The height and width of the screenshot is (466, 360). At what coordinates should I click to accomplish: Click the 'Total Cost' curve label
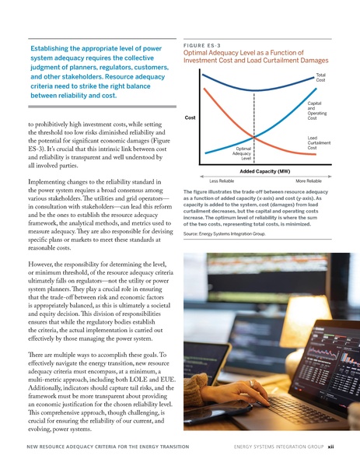click(320, 77)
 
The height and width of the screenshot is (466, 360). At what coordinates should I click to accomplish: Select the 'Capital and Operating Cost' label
click(315, 110)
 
